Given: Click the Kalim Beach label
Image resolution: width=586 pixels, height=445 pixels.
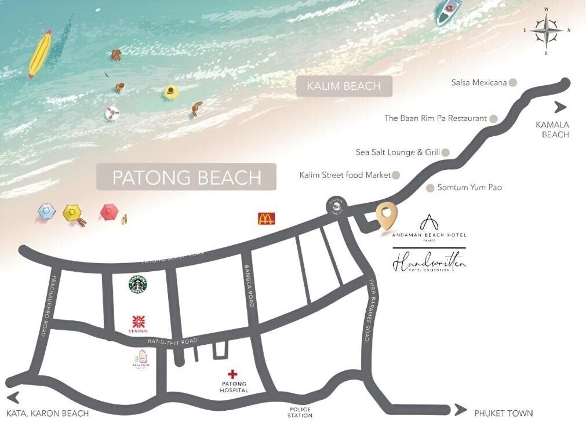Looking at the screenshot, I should click(344, 86).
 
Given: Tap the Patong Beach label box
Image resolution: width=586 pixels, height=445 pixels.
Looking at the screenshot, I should click(186, 177).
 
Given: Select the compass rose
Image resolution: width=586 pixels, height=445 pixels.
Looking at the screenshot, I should click(546, 30).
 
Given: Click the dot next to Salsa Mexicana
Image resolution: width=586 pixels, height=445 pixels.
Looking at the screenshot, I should click(513, 82).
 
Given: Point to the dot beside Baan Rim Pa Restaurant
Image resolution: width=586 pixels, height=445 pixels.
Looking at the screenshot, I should click(493, 118).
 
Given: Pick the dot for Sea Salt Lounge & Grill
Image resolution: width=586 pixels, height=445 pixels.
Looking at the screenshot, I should click(446, 152).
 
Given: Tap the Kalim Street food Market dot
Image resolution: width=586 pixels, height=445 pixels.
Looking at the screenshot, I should click(396, 174).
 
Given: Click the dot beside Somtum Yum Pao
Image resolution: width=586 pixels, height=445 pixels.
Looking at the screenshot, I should click(430, 188).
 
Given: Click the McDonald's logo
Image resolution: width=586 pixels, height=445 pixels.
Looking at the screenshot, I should click(266, 218).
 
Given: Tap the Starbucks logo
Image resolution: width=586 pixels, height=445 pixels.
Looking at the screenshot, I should click(139, 284).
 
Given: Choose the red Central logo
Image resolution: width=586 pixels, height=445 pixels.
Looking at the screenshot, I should click(139, 322).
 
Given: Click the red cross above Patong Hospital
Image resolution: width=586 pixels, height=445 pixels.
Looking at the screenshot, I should click(233, 374).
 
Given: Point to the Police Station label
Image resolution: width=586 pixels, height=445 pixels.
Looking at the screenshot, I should click(300, 412).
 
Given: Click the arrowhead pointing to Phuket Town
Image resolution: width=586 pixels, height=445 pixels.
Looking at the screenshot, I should click(460, 410).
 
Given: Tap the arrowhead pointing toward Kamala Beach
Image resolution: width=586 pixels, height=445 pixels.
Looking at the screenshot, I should click(560, 107).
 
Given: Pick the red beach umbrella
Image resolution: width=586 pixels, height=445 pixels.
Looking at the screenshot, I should click(110, 212).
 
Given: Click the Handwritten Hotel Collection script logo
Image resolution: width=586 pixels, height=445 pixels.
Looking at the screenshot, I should click(429, 264).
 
